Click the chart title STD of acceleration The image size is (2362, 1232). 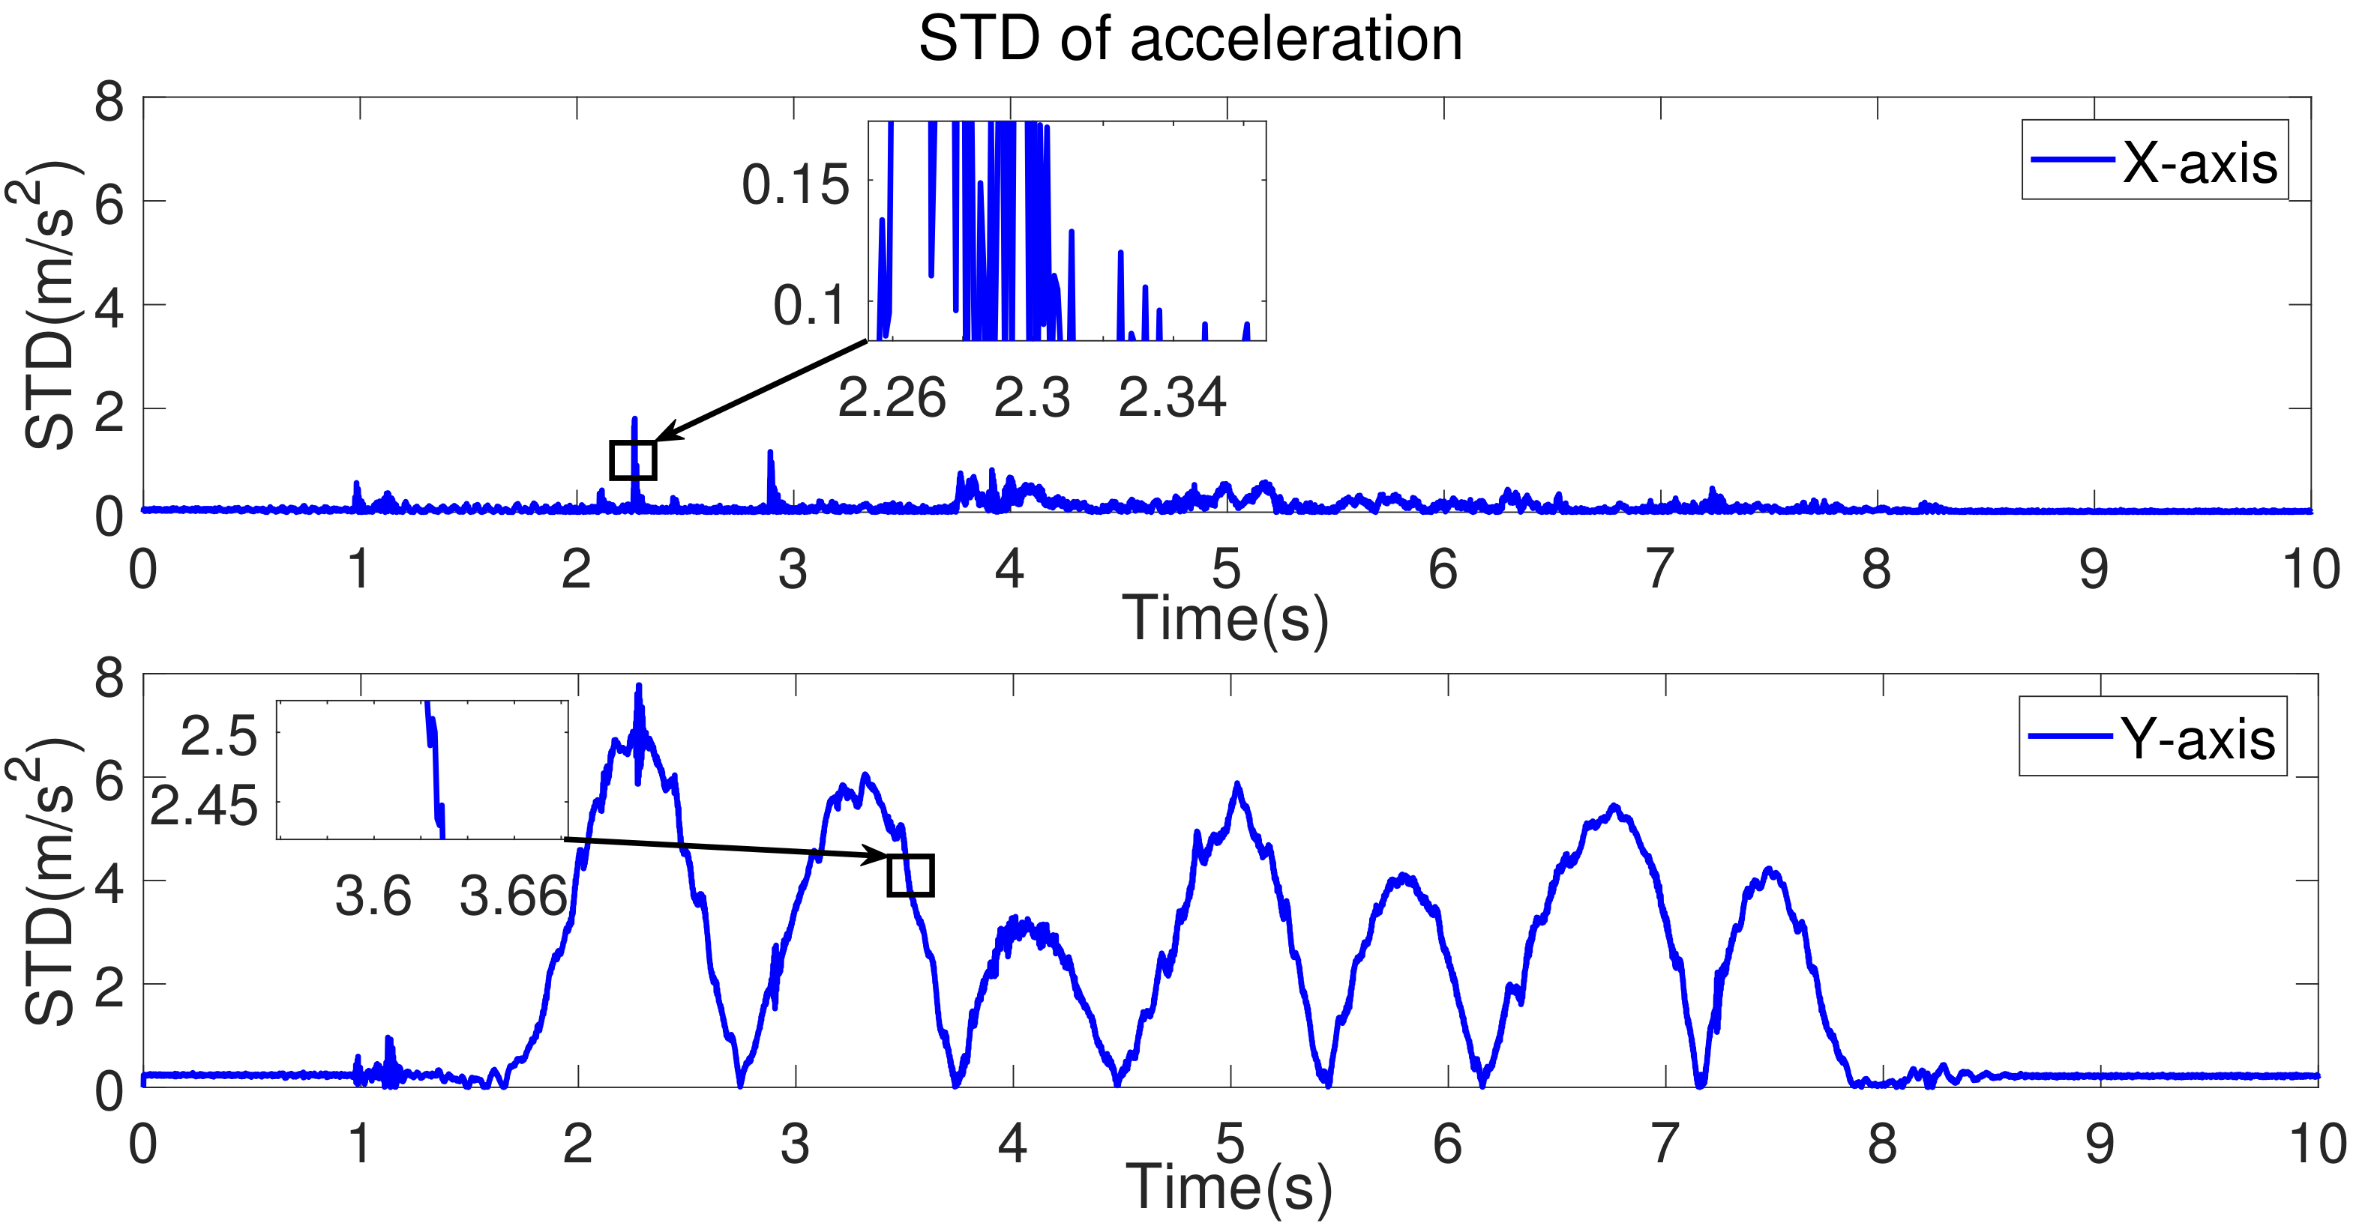tap(1189, 40)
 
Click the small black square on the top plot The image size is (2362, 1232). tap(633, 460)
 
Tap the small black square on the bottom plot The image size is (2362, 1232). tap(910, 875)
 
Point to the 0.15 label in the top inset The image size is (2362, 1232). tap(795, 185)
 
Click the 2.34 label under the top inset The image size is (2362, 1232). tap(1172, 399)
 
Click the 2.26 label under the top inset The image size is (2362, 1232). tap(892, 399)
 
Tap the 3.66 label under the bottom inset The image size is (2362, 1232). tap(514, 896)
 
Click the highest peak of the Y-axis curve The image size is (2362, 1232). tap(639, 686)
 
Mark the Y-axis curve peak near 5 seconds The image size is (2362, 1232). tap(1237, 785)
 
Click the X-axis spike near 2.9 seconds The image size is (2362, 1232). tap(770, 453)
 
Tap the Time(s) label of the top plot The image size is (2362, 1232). tap(1225, 620)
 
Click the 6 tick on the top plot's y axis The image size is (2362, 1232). tap(109, 204)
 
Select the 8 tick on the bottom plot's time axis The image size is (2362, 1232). tap(1881, 1144)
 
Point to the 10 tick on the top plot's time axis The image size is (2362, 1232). tap(2310, 570)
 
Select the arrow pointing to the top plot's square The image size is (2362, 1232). tap(761, 390)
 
